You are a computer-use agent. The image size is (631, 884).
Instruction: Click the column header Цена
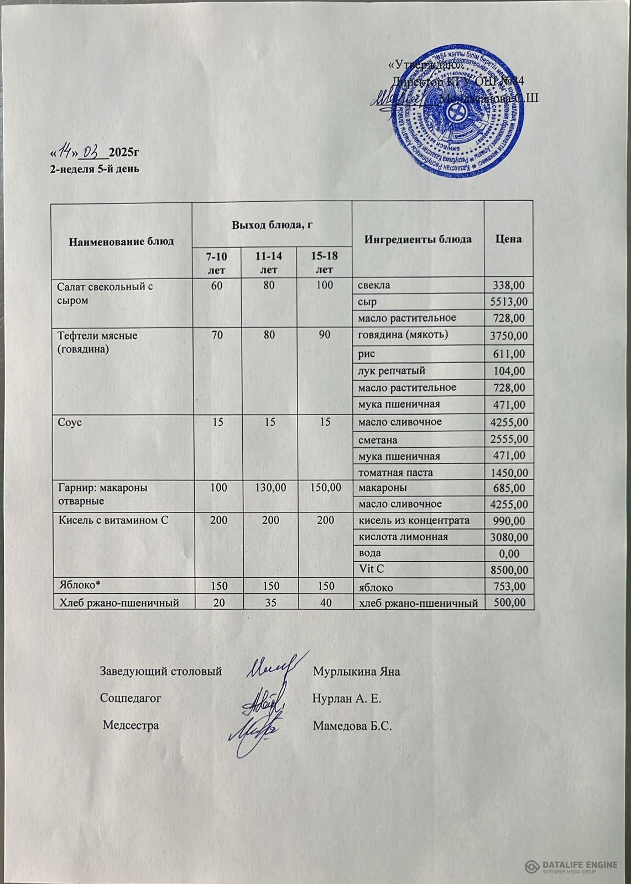[x=509, y=239]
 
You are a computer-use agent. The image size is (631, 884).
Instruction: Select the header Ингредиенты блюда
[x=418, y=239]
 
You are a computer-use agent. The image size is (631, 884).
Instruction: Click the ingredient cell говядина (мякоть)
[x=403, y=334]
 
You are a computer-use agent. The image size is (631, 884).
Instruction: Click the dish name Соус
[x=70, y=422]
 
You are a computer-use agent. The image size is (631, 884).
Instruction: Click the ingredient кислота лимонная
[x=404, y=536]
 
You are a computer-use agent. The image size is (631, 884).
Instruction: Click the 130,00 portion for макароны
[x=270, y=488]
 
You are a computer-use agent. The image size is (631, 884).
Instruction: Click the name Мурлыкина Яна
[x=356, y=672]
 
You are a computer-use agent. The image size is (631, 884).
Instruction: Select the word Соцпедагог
[x=131, y=698]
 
